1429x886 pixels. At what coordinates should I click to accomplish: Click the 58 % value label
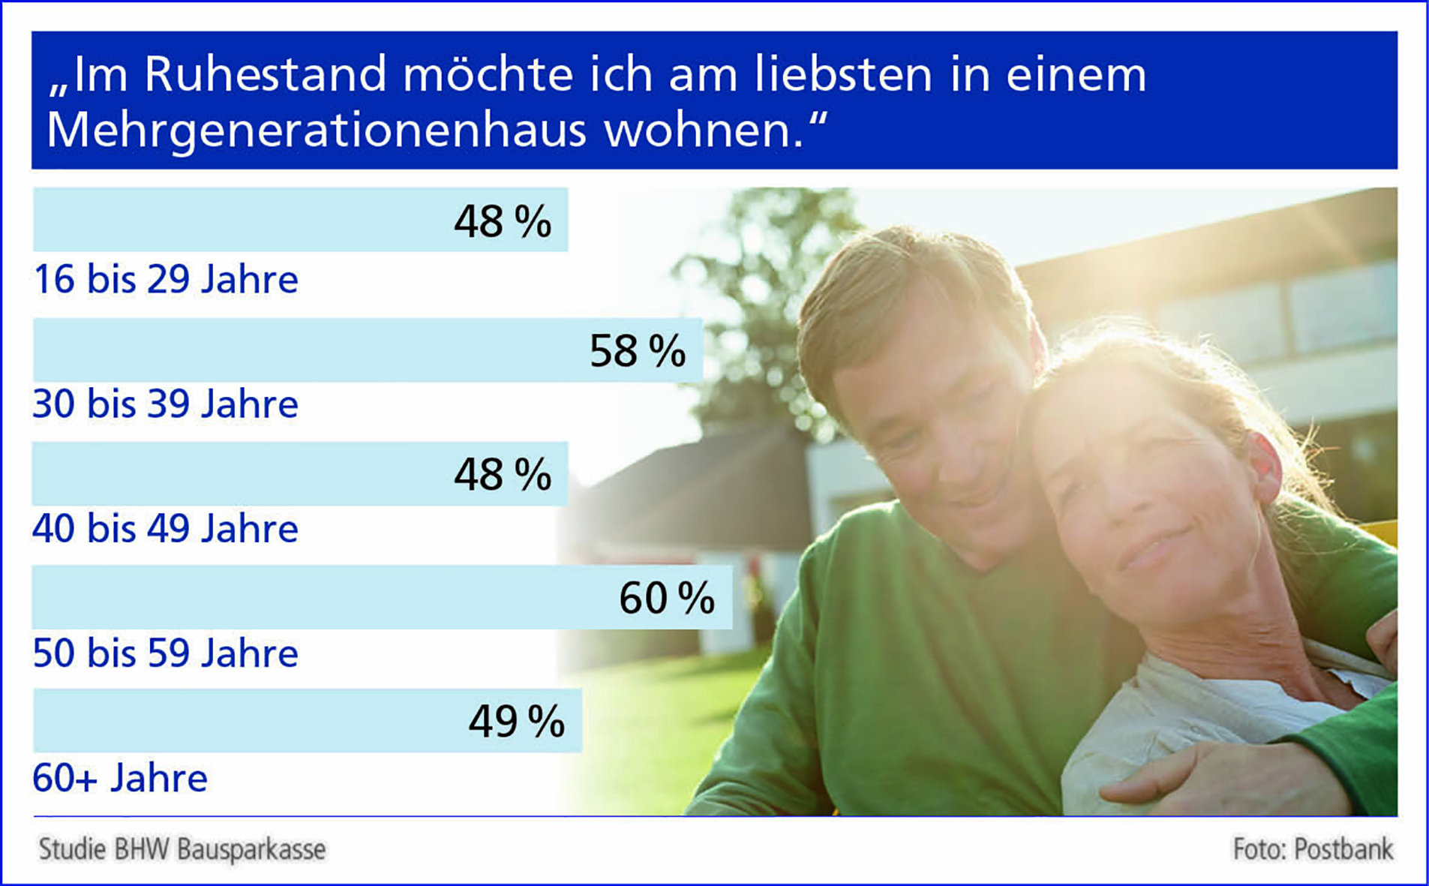point(638,351)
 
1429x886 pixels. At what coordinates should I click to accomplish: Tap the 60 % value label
point(667,599)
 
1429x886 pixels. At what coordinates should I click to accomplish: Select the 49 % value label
point(517,722)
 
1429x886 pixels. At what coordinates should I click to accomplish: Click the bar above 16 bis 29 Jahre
point(300,219)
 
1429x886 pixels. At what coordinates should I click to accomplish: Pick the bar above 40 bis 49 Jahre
point(300,473)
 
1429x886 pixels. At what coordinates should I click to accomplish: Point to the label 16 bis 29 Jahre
point(166,280)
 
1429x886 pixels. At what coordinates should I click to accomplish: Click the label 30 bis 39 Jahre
point(166,404)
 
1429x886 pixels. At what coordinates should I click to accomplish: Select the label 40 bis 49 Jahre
point(166,529)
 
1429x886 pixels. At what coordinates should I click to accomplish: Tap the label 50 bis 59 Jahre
point(166,653)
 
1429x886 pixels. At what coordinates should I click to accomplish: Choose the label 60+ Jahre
point(120,778)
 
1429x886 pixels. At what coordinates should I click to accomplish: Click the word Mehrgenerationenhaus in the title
point(316,131)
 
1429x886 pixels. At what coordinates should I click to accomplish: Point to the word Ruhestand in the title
point(265,74)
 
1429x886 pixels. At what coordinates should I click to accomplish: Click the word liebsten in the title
point(842,74)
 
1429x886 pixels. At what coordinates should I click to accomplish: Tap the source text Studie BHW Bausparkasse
point(182,849)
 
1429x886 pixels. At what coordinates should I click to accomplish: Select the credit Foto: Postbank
point(1313,849)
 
